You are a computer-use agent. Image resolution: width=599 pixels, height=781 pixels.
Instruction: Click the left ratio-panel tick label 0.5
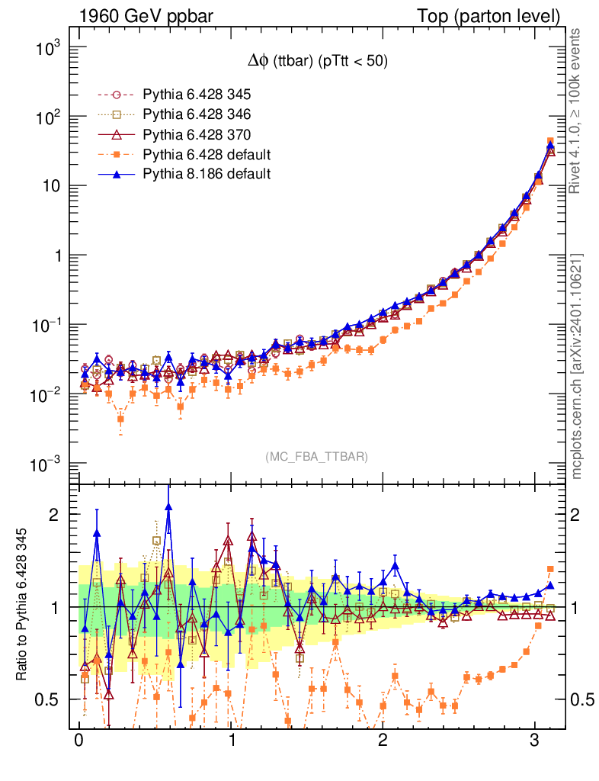(x=51, y=700)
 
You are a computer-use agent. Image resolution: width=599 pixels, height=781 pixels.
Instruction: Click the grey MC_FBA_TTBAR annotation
(x=316, y=457)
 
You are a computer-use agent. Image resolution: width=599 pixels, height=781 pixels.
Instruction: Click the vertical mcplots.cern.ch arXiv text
(x=577, y=366)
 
